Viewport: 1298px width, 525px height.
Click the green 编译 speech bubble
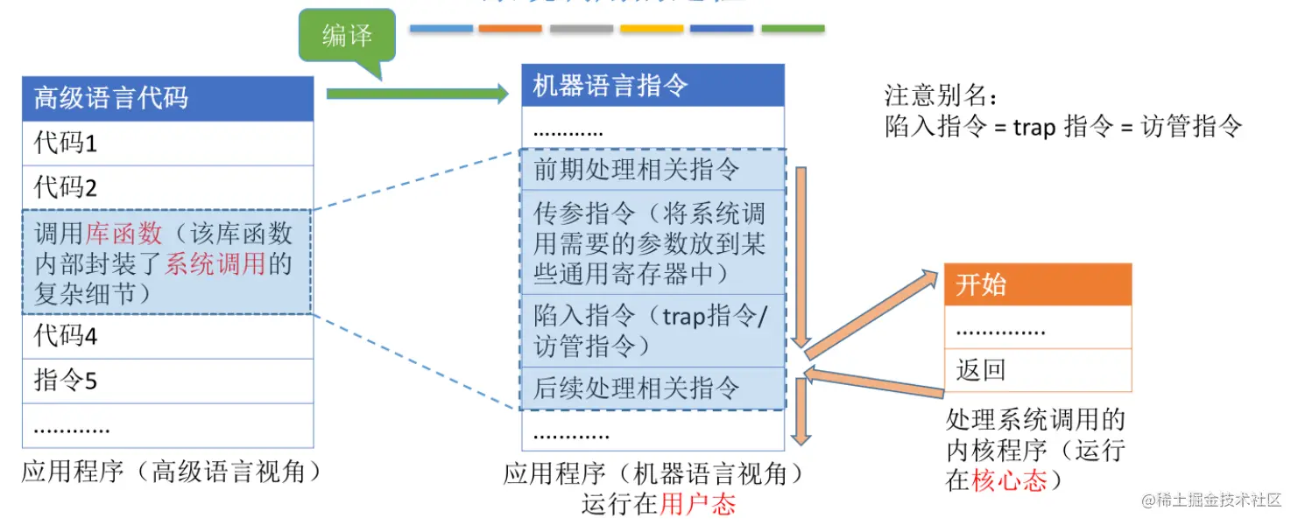(347, 37)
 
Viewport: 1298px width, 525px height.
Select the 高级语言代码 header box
(167, 98)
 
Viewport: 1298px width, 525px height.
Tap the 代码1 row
(167, 143)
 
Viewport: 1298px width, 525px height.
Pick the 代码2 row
(167, 187)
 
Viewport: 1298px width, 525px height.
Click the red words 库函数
(124, 234)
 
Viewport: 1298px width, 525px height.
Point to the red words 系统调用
(215, 263)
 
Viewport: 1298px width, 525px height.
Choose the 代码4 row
(167, 336)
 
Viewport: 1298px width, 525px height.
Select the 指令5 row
(167, 381)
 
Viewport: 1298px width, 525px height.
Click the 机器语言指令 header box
(653, 86)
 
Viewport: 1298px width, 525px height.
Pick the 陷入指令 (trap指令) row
(653, 331)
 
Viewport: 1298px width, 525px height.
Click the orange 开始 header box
(1037, 285)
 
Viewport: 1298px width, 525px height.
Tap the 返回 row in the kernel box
(1037, 370)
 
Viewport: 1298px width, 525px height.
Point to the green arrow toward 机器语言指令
(417, 94)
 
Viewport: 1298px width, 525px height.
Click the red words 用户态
(698, 504)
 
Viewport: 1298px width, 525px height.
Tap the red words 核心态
(1010, 480)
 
